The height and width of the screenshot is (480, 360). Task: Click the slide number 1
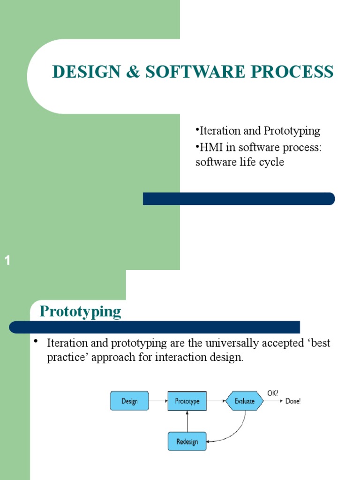7,261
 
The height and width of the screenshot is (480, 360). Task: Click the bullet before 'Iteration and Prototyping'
197,129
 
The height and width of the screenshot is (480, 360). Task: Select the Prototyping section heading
80,311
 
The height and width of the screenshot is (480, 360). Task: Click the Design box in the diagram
129,401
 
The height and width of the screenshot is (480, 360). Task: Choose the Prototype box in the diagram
187,401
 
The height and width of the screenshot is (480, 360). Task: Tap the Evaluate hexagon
245,401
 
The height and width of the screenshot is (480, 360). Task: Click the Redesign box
187,441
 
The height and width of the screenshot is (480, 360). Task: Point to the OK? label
272,394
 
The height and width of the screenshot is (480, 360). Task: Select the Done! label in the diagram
293,401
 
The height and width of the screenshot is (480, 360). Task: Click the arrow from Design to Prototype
158,401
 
